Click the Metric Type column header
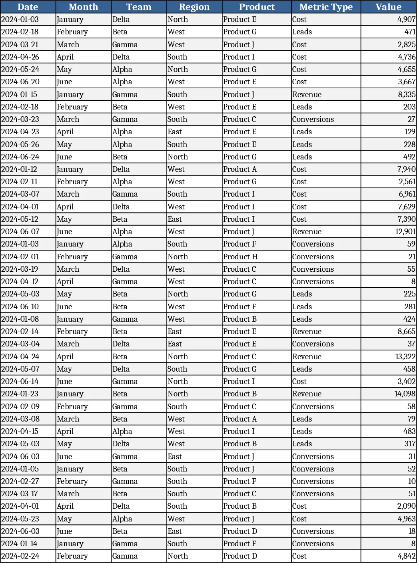click(326, 7)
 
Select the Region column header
click(194, 7)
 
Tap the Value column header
click(388, 7)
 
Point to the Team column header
click(139, 7)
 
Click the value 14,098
click(405, 394)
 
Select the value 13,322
click(405, 356)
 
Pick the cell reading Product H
click(240, 257)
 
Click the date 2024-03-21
click(20, 44)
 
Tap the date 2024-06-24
click(20, 157)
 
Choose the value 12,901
click(405, 231)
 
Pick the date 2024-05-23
click(20, 519)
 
